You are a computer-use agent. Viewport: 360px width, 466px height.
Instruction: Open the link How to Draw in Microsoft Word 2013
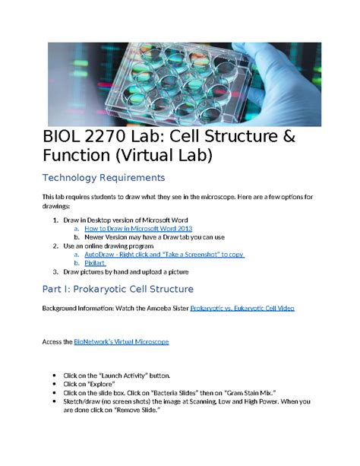137,228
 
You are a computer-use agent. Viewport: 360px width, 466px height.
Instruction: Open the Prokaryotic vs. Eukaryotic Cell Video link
242,309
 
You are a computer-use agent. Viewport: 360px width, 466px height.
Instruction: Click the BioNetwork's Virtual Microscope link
121,342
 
